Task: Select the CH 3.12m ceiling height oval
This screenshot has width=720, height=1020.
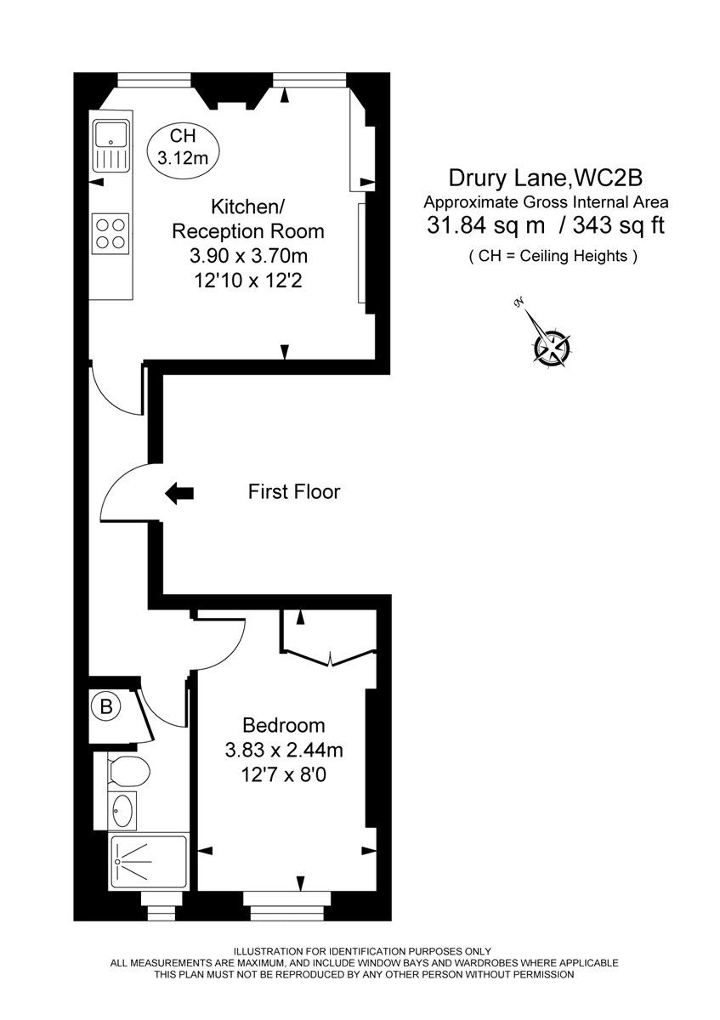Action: [x=183, y=145]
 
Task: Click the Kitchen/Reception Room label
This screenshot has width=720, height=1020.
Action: [x=248, y=218]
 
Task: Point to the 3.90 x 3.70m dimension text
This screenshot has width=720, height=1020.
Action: [x=248, y=256]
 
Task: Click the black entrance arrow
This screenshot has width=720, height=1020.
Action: [x=179, y=492]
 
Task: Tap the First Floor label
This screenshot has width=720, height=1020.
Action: [x=293, y=491]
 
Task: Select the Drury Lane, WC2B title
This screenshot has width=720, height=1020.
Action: [x=546, y=178]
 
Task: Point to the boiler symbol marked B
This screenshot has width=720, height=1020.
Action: [x=106, y=705]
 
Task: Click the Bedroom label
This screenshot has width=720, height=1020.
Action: [x=283, y=725]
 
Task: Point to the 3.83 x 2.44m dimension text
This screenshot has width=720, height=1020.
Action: [x=283, y=751]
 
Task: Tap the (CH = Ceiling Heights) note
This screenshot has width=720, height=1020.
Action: [x=553, y=256]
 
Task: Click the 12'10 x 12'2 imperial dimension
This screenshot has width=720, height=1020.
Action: [x=248, y=280]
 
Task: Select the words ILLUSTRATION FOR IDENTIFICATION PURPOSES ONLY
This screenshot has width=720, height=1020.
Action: [x=362, y=950]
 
